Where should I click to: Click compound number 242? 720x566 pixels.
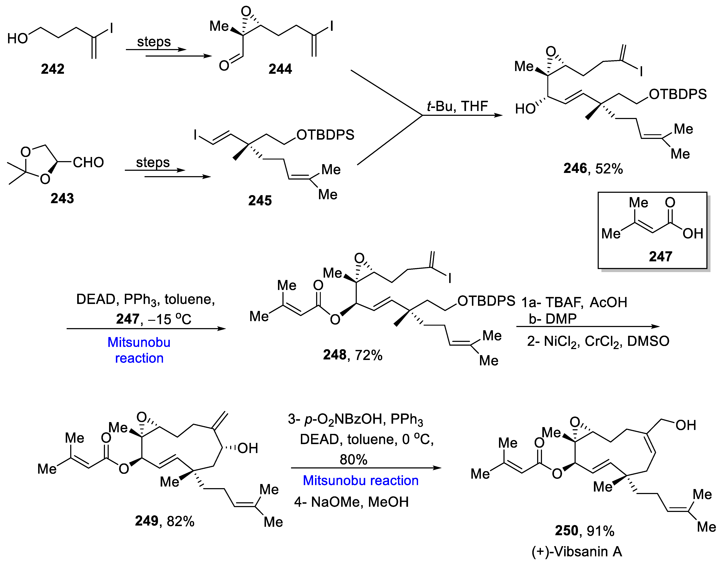click(x=52, y=69)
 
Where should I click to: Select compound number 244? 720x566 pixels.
click(x=280, y=69)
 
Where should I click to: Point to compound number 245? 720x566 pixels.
click(x=260, y=200)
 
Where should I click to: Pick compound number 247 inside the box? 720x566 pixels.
click(x=660, y=256)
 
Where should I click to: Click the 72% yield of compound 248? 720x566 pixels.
click(x=369, y=355)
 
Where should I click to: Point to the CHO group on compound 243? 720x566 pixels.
click(x=88, y=162)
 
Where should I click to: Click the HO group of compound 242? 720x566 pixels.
click(x=18, y=38)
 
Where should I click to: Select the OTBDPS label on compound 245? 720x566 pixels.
click(x=325, y=135)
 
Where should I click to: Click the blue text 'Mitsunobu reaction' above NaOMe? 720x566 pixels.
click(x=361, y=480)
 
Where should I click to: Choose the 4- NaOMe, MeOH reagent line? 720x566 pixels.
click(x=351, y=502)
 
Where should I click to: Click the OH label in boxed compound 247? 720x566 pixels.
click(x=693, y=234)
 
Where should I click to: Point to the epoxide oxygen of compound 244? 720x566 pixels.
click(x=246, y=12)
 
